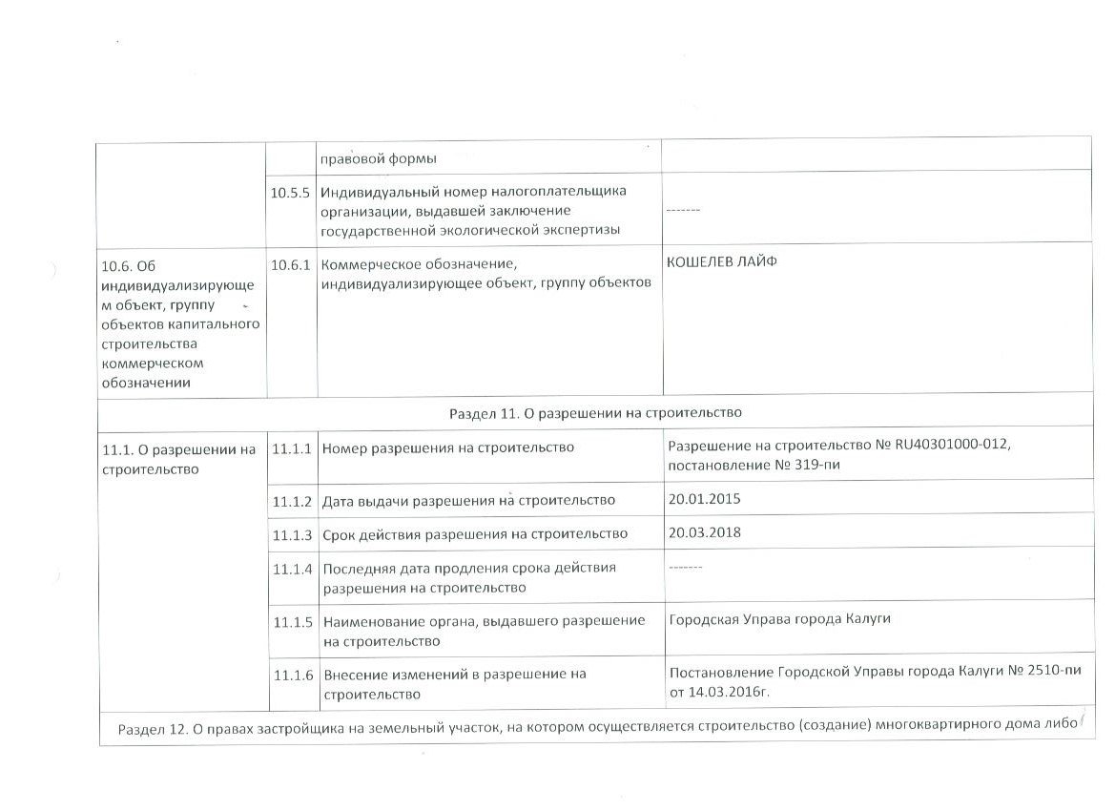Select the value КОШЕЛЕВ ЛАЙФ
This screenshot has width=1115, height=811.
(x=721, y=262)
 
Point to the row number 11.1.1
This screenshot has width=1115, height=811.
(x=292, y=448)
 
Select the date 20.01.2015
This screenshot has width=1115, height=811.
(x=704, y=499)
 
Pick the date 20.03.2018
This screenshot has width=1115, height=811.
(x=705, y=532)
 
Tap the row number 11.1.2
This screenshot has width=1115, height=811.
(x=292, y=501)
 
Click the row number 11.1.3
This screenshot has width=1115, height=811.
(x=292, y=534)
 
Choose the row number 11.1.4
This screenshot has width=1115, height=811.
(x=292, y=570)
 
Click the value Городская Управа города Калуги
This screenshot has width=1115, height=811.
(x=779, y=619)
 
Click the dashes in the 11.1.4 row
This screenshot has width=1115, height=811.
(x=685, y=567)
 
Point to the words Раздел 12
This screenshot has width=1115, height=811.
(x=149, y=730)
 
